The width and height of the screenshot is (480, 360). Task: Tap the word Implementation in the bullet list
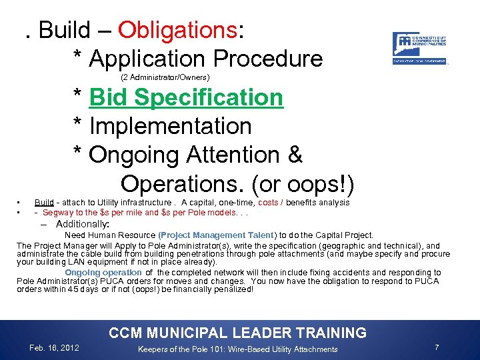pos(170,126)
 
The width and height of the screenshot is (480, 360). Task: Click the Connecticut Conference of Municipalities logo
pos(419,48)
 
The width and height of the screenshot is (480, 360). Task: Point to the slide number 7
pos(437,348)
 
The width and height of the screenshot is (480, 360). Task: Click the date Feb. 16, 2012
pos(55,348)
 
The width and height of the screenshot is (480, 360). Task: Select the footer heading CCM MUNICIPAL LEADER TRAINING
pos(237,333)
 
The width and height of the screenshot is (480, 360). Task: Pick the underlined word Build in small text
pos(44,203)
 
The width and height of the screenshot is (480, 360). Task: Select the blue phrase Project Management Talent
pos(216,235)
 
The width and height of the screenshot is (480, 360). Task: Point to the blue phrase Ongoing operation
pos(103,273)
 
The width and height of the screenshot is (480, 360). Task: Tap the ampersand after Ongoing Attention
pos(294,155)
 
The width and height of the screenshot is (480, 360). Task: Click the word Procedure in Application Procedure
pos(273,59)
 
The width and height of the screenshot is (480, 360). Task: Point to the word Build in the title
pos(64,30)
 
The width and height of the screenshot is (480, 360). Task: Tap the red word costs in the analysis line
pos(268,203)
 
